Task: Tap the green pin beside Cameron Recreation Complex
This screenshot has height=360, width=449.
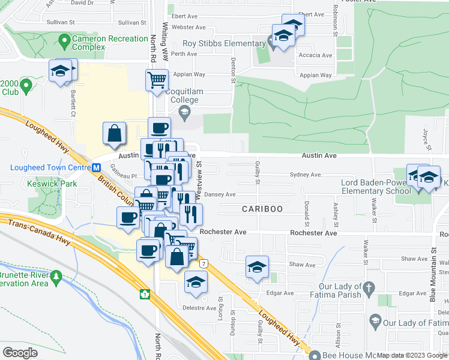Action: (x=64, y=41)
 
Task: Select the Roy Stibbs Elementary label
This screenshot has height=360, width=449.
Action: (x=223, y=43)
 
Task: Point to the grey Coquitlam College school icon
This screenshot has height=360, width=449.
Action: (x=185, y=112)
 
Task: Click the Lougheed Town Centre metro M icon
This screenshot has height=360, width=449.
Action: (x=95, y=167)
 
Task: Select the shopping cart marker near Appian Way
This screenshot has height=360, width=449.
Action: (x=156, y=79)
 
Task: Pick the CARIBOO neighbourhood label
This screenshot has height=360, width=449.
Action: (x=262, y=209)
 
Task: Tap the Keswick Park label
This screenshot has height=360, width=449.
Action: (x=51, y=183)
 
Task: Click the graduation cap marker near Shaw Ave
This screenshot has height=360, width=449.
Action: (x=257, y=266)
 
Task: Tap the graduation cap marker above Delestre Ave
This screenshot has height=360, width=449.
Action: (x=196, y=281)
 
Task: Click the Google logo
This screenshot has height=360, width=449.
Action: (x=20, y=352)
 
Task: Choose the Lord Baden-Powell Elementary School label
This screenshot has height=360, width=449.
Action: (x=376, y=187)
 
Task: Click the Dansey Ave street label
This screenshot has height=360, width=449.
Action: (x=220, y=194)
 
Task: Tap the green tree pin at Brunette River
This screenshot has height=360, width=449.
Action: (x=56, y=277)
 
